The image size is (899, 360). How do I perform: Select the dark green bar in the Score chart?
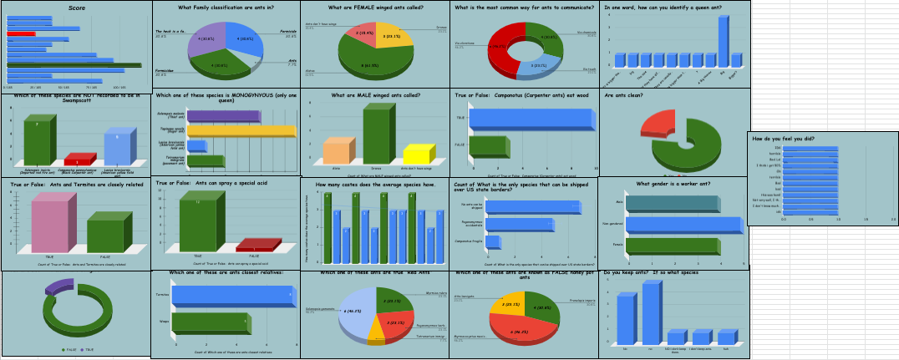74,64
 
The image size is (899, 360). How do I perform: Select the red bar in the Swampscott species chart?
78,160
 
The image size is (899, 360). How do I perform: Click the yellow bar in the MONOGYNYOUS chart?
242,131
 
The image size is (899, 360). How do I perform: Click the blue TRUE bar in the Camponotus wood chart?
531,119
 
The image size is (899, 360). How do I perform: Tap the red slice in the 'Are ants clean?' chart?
657,124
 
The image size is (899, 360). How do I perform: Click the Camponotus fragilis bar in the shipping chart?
493,242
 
